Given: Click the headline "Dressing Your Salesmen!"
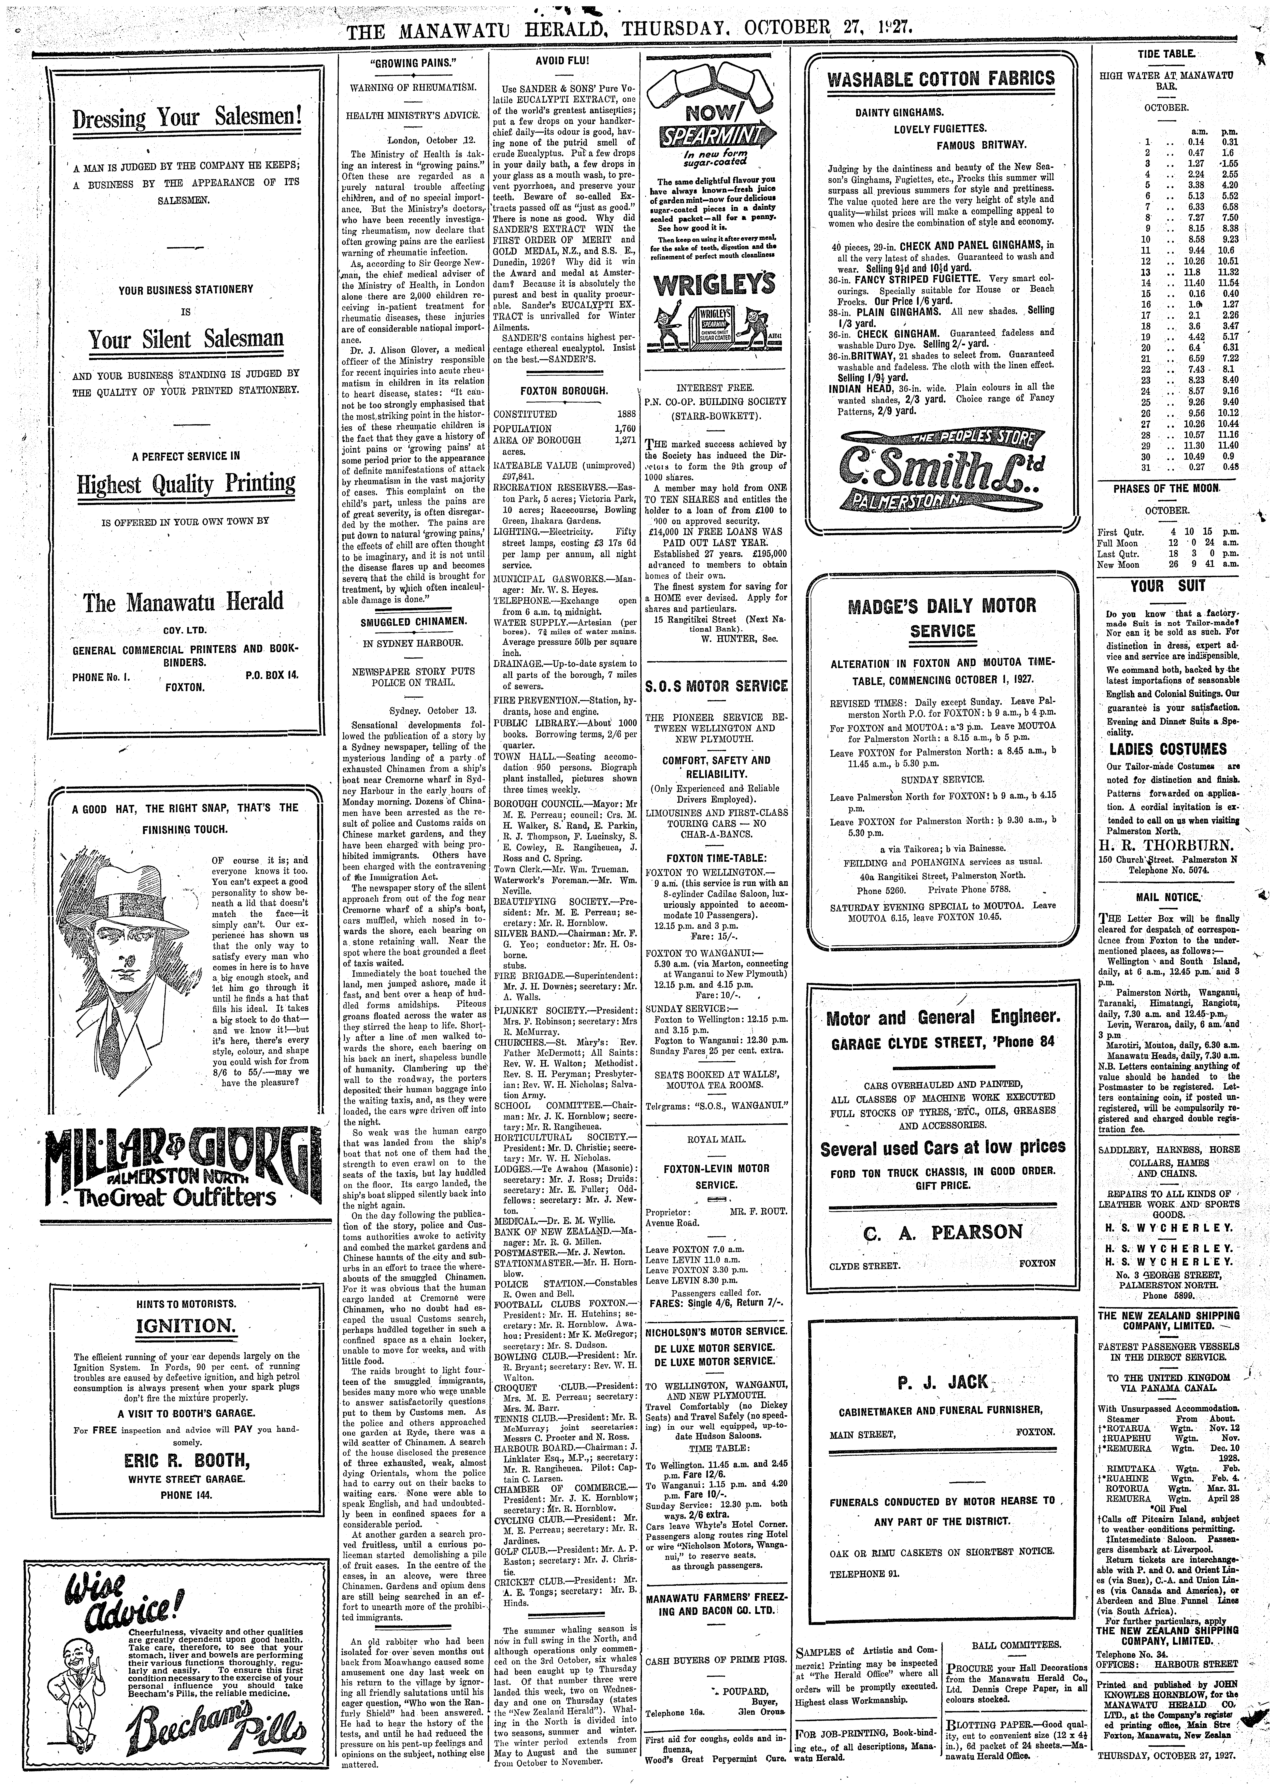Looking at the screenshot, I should [x=187, y=119].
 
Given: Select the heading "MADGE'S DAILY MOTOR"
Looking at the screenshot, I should [x=942, y=606].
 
